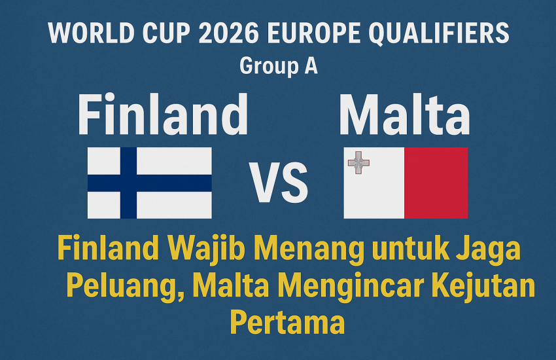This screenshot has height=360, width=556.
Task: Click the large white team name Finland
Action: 162,115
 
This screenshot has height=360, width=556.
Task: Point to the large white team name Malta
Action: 404,115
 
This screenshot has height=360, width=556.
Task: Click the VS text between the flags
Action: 278,184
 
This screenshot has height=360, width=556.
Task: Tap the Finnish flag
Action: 150,183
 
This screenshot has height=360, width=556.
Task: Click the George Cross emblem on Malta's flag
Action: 358,162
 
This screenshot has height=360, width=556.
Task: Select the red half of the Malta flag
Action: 436,183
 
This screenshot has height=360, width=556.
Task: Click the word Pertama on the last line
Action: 287,322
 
